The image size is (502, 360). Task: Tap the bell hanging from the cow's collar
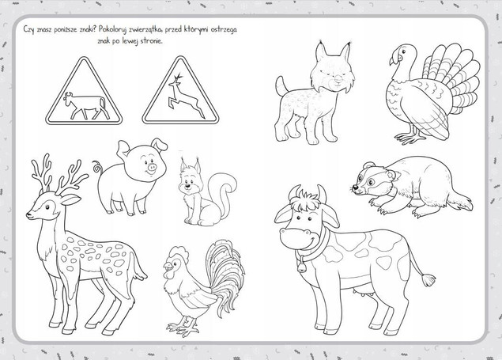coord(301,266)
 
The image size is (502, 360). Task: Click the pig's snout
coord(152,167)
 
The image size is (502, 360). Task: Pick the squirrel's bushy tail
coord(223,192)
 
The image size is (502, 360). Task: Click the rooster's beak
coord(167,266)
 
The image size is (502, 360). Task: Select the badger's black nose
coord(355,188)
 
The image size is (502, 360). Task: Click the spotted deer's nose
coord(28,215)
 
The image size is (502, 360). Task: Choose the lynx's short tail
coord(281,85)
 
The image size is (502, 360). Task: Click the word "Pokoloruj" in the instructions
coord(115,29)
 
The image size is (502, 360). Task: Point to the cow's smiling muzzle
coord(300,238)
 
